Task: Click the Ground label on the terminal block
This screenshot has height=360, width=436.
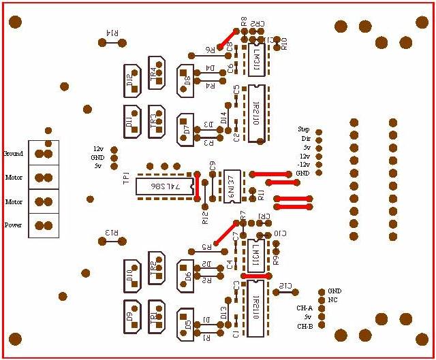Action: (14, 154)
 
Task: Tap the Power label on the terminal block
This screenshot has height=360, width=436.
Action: (14, 225)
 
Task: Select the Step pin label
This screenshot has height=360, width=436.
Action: (304, 129)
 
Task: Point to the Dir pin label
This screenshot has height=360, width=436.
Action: (305, 138)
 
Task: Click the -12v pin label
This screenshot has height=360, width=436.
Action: (303, 165)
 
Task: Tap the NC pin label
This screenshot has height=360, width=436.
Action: (333, 299)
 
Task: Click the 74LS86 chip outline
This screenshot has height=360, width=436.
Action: (164, 186)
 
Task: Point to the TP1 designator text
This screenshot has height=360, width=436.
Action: (125, 178)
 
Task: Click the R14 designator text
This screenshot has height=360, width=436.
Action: (112, 33)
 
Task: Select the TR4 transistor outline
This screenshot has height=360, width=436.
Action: (157, 73)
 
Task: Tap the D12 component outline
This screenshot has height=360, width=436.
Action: (131, 80)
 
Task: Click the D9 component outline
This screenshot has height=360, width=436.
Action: (131, 316)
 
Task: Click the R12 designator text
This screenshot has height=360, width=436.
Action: (205, 216)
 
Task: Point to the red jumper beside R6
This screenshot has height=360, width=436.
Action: (226, 39)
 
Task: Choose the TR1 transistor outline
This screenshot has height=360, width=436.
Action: (156, 316)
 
